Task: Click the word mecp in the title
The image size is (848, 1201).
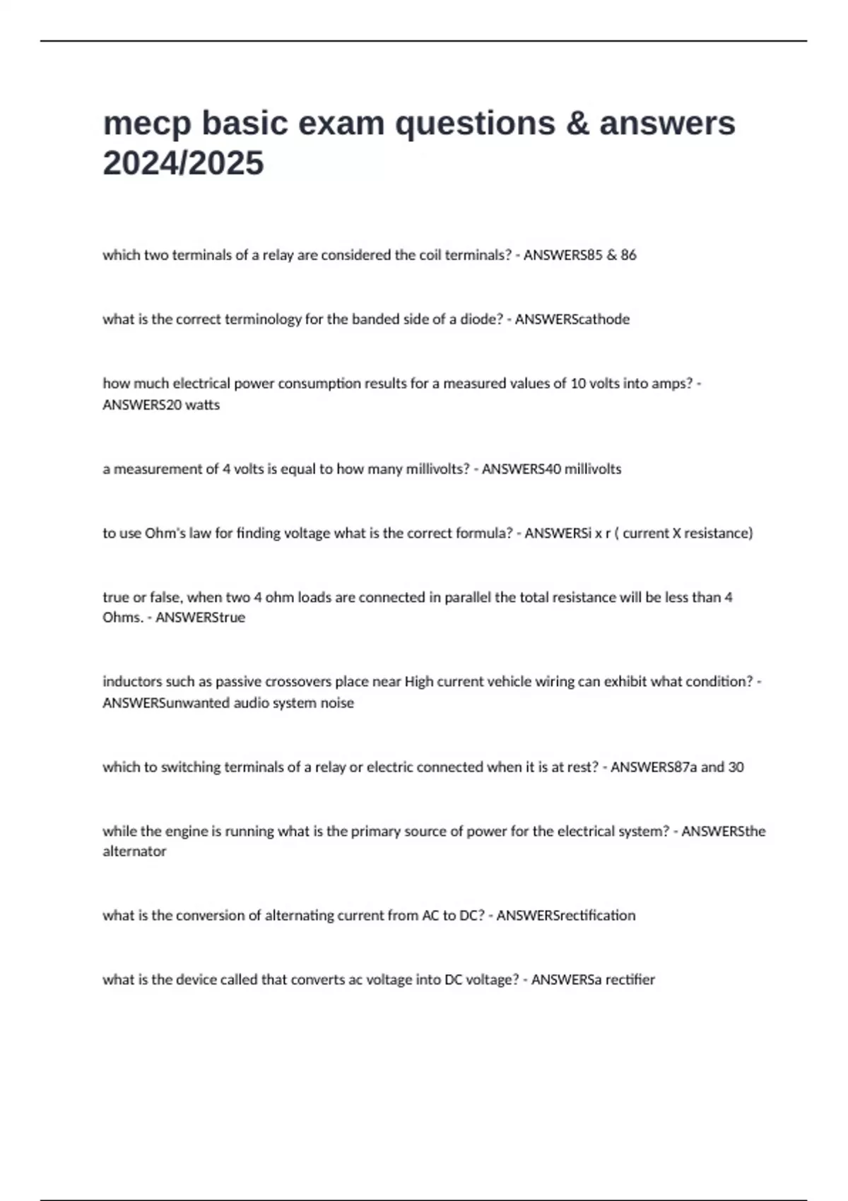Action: [x=146, y=124]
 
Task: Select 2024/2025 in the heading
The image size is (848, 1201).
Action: [x=183, y=163]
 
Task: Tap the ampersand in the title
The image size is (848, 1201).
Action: [x=578, y=124]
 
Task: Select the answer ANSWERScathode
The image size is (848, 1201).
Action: [x=572, y=319]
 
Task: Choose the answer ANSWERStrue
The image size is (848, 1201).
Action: [x=200, y=617]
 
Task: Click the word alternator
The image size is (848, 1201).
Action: [x=134, y=851]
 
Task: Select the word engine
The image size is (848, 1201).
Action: [x=187, y=832]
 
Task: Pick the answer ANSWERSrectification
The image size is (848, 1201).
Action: [x=565, y=916]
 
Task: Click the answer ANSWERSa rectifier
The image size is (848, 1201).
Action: [x=593, y=980]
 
